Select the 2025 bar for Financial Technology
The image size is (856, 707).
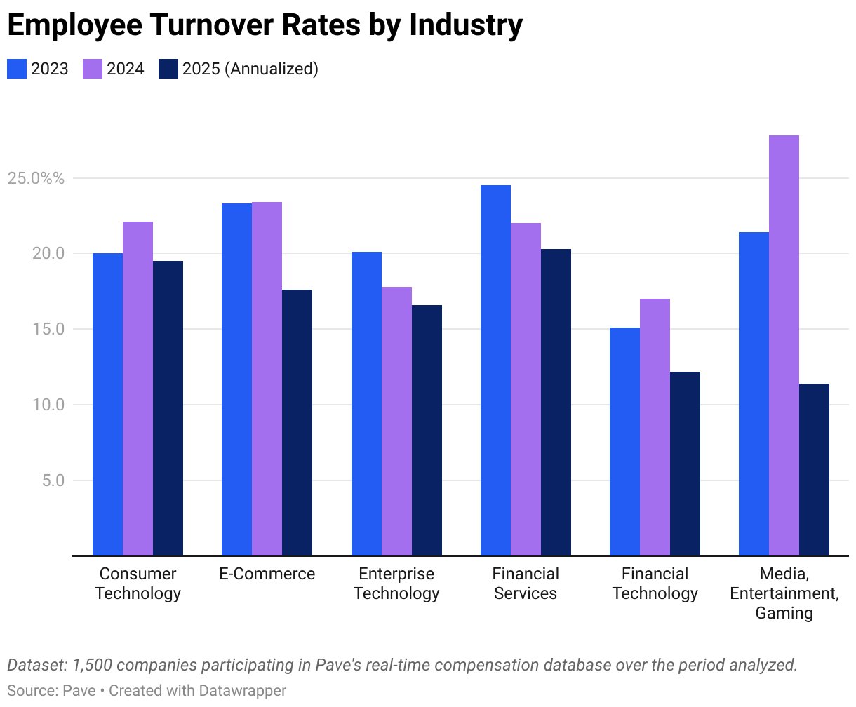685,464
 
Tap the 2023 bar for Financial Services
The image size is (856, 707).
495,370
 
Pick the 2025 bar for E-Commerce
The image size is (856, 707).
297,423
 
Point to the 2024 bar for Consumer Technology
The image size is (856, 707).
138,389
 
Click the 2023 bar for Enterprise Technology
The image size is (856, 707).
366,403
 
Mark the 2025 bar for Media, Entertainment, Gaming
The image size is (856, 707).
814,470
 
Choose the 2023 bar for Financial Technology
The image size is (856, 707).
624,442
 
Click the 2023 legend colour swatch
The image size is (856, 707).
17,69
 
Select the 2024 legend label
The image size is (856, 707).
125,69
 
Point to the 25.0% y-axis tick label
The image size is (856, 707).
36,178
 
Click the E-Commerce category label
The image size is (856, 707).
267,574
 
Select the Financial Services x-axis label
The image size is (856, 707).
526,584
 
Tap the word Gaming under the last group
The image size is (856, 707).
784,613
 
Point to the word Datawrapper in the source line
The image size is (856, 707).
243,690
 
